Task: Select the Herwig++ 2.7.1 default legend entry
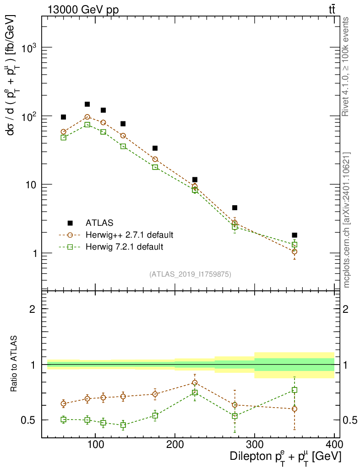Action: tap(129, 235)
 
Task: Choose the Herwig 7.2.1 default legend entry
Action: tap(124, 247)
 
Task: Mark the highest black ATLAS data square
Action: tap(87, 104)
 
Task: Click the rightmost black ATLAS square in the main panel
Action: tap(295, 235)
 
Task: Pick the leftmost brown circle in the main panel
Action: tap(64, 132)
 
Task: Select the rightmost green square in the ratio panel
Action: tap(295, 390)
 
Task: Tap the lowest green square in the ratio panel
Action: tap(123, 425)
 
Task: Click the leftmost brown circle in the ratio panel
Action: tap(64, 404)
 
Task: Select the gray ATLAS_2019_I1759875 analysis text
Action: tap(190, 274)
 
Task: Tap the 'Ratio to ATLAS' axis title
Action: tap(14, 364)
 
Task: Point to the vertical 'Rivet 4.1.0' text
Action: tap(346, 66)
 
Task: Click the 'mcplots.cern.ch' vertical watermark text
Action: tap(346, 220)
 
